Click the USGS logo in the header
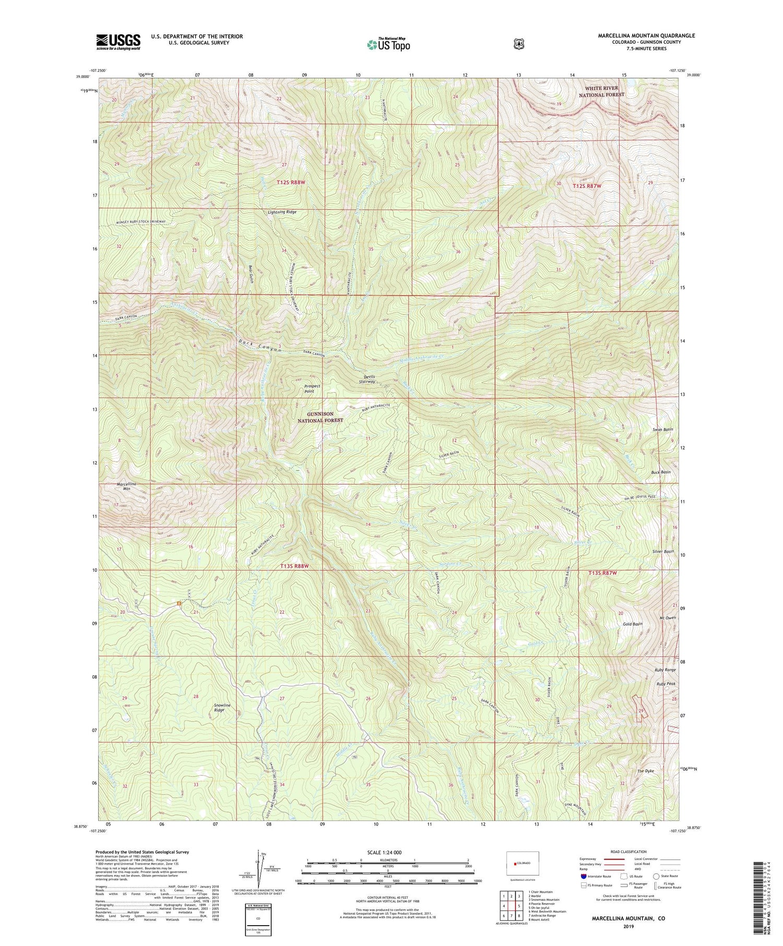(118, 42)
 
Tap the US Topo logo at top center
(388, 44)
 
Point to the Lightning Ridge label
(282, 212)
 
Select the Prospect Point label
(312, 389)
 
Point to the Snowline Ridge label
(222, 708)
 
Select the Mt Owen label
(668, 618)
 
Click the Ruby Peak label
(666, 684)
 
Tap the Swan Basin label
(662, 429)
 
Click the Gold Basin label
(633, 624)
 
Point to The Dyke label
(645, 771)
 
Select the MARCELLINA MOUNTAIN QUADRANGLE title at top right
(646, 35)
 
